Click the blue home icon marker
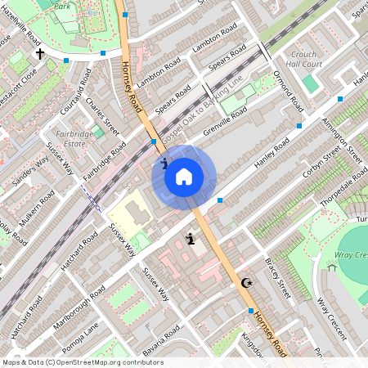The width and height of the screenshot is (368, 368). point(184,176)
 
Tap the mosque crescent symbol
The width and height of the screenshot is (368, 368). point(248,283)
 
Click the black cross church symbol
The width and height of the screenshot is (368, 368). point(40,54)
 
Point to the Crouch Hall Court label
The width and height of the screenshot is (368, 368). point(307,59)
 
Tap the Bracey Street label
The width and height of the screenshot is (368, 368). point(278,276)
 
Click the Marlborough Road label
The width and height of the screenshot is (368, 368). point(80,304)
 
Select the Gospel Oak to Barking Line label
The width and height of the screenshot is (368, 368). point(202,105)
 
